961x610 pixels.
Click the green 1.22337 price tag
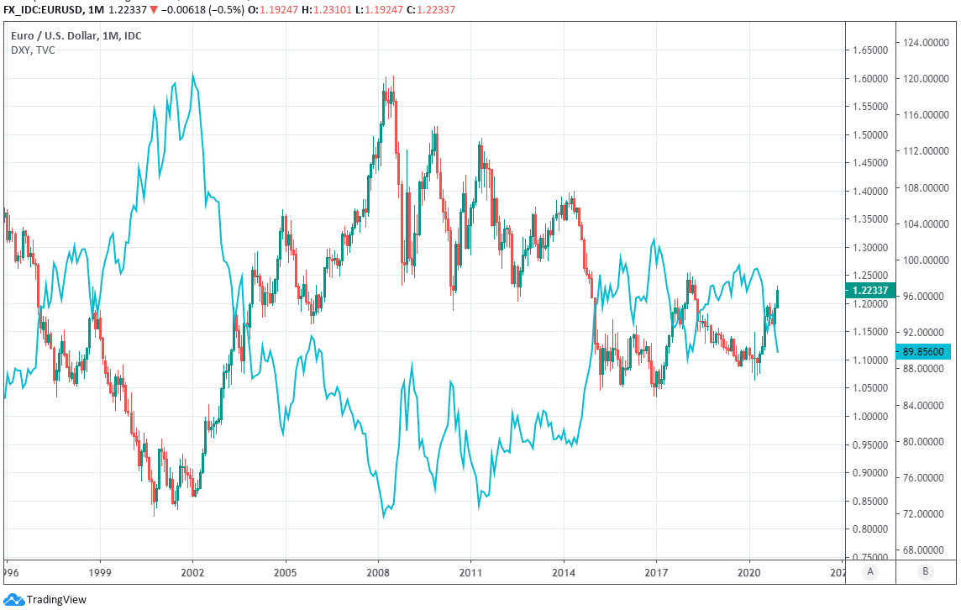coord(865,291)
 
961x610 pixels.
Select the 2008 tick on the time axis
coord(378,570)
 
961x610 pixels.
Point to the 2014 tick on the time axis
coord(564,570)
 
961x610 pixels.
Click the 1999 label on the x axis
coord(100,570)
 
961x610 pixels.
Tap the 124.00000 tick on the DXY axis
coord(925,42)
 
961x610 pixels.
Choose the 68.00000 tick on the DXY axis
coord(925,550)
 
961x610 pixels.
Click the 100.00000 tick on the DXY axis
coord(925,260)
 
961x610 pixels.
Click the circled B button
coord(925,571)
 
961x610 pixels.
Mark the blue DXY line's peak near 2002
coord(192,75)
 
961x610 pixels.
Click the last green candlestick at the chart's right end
coord(778,297)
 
